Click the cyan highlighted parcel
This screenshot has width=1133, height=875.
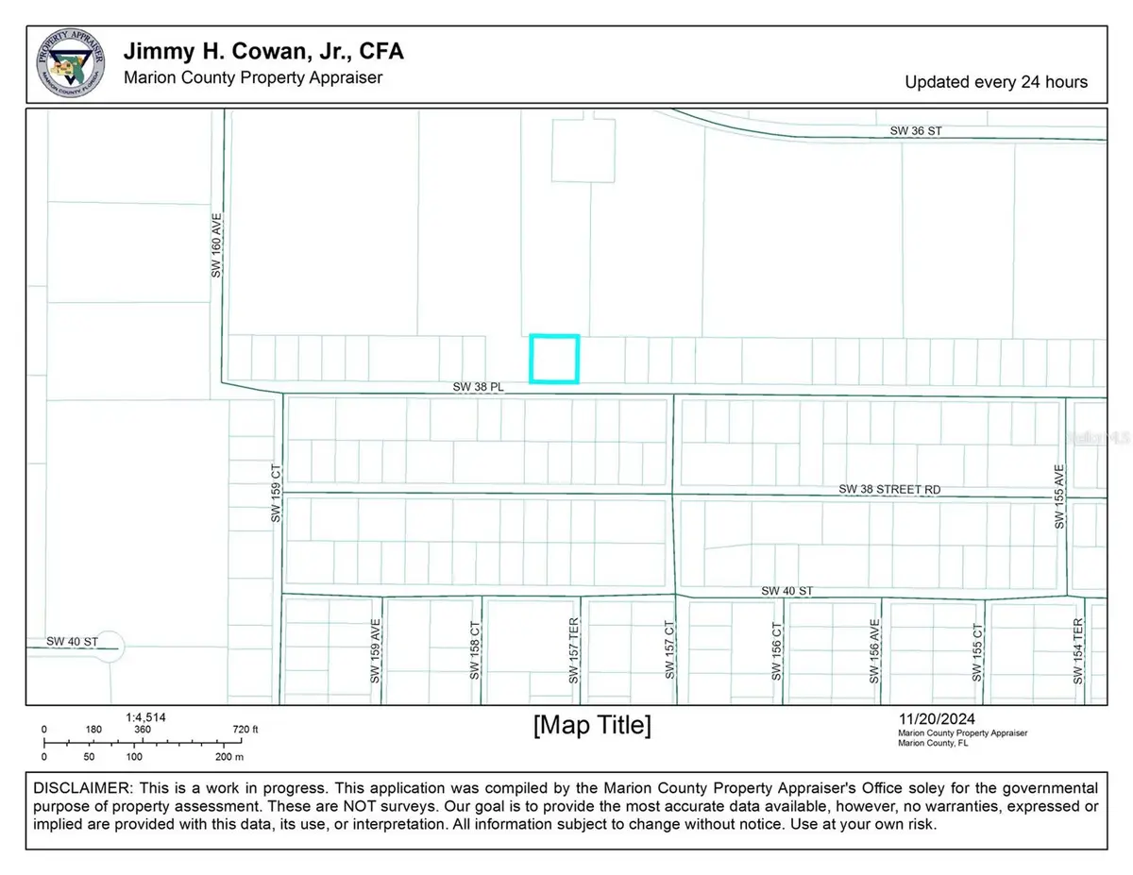553,359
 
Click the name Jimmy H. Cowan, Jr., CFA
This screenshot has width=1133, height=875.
263,52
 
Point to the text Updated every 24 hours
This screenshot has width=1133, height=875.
996,82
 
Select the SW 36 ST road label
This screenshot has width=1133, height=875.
917,131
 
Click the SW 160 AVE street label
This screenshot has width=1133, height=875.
216,250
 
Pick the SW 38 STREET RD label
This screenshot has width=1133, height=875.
890,490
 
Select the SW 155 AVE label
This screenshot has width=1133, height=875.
1059,496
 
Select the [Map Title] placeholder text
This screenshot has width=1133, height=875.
592,725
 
